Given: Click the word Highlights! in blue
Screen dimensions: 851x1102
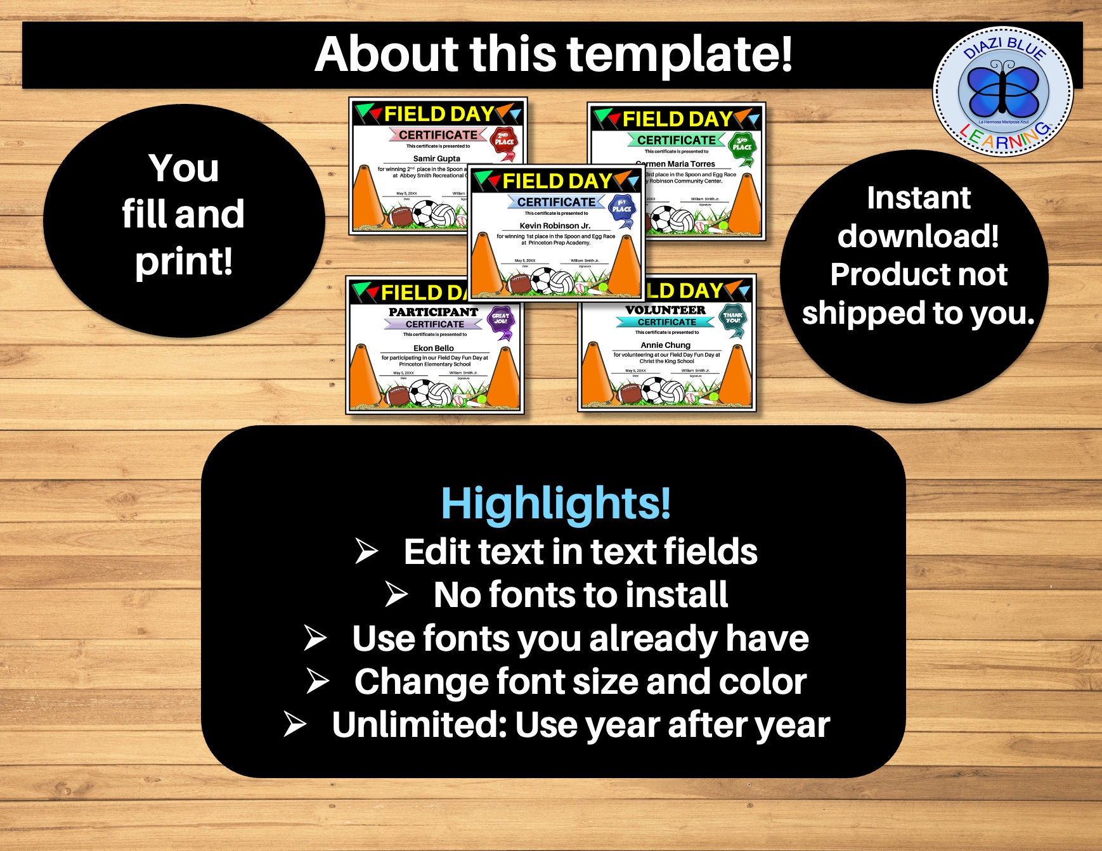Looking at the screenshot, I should click(x=555, y=503).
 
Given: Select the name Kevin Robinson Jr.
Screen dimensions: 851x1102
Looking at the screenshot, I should click(x=555, y=226).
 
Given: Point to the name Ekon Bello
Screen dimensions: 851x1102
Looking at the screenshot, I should click(x=434, y=348).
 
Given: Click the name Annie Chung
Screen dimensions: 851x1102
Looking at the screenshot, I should click(x=665, y=345).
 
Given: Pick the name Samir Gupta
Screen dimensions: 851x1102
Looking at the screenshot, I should click(x=436, y=158).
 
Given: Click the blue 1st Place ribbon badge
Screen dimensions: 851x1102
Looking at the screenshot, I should click(x=621, y=210).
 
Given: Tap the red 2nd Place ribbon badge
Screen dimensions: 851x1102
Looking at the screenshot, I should click(x=504, y=142).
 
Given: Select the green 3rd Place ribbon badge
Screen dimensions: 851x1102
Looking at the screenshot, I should click(x=741, y=147).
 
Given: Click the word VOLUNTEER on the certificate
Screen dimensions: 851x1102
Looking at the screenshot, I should click(x=665, y=310).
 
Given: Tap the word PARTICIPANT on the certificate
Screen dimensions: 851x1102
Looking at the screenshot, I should click(x=433, y=312).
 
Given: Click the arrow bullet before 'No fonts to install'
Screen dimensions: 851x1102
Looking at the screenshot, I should click(x=396, y=594).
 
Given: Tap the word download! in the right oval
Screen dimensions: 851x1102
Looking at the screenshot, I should click(x=917, y=236).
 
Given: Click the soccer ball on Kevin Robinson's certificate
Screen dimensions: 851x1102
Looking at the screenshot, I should click(x=543, y=279).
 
